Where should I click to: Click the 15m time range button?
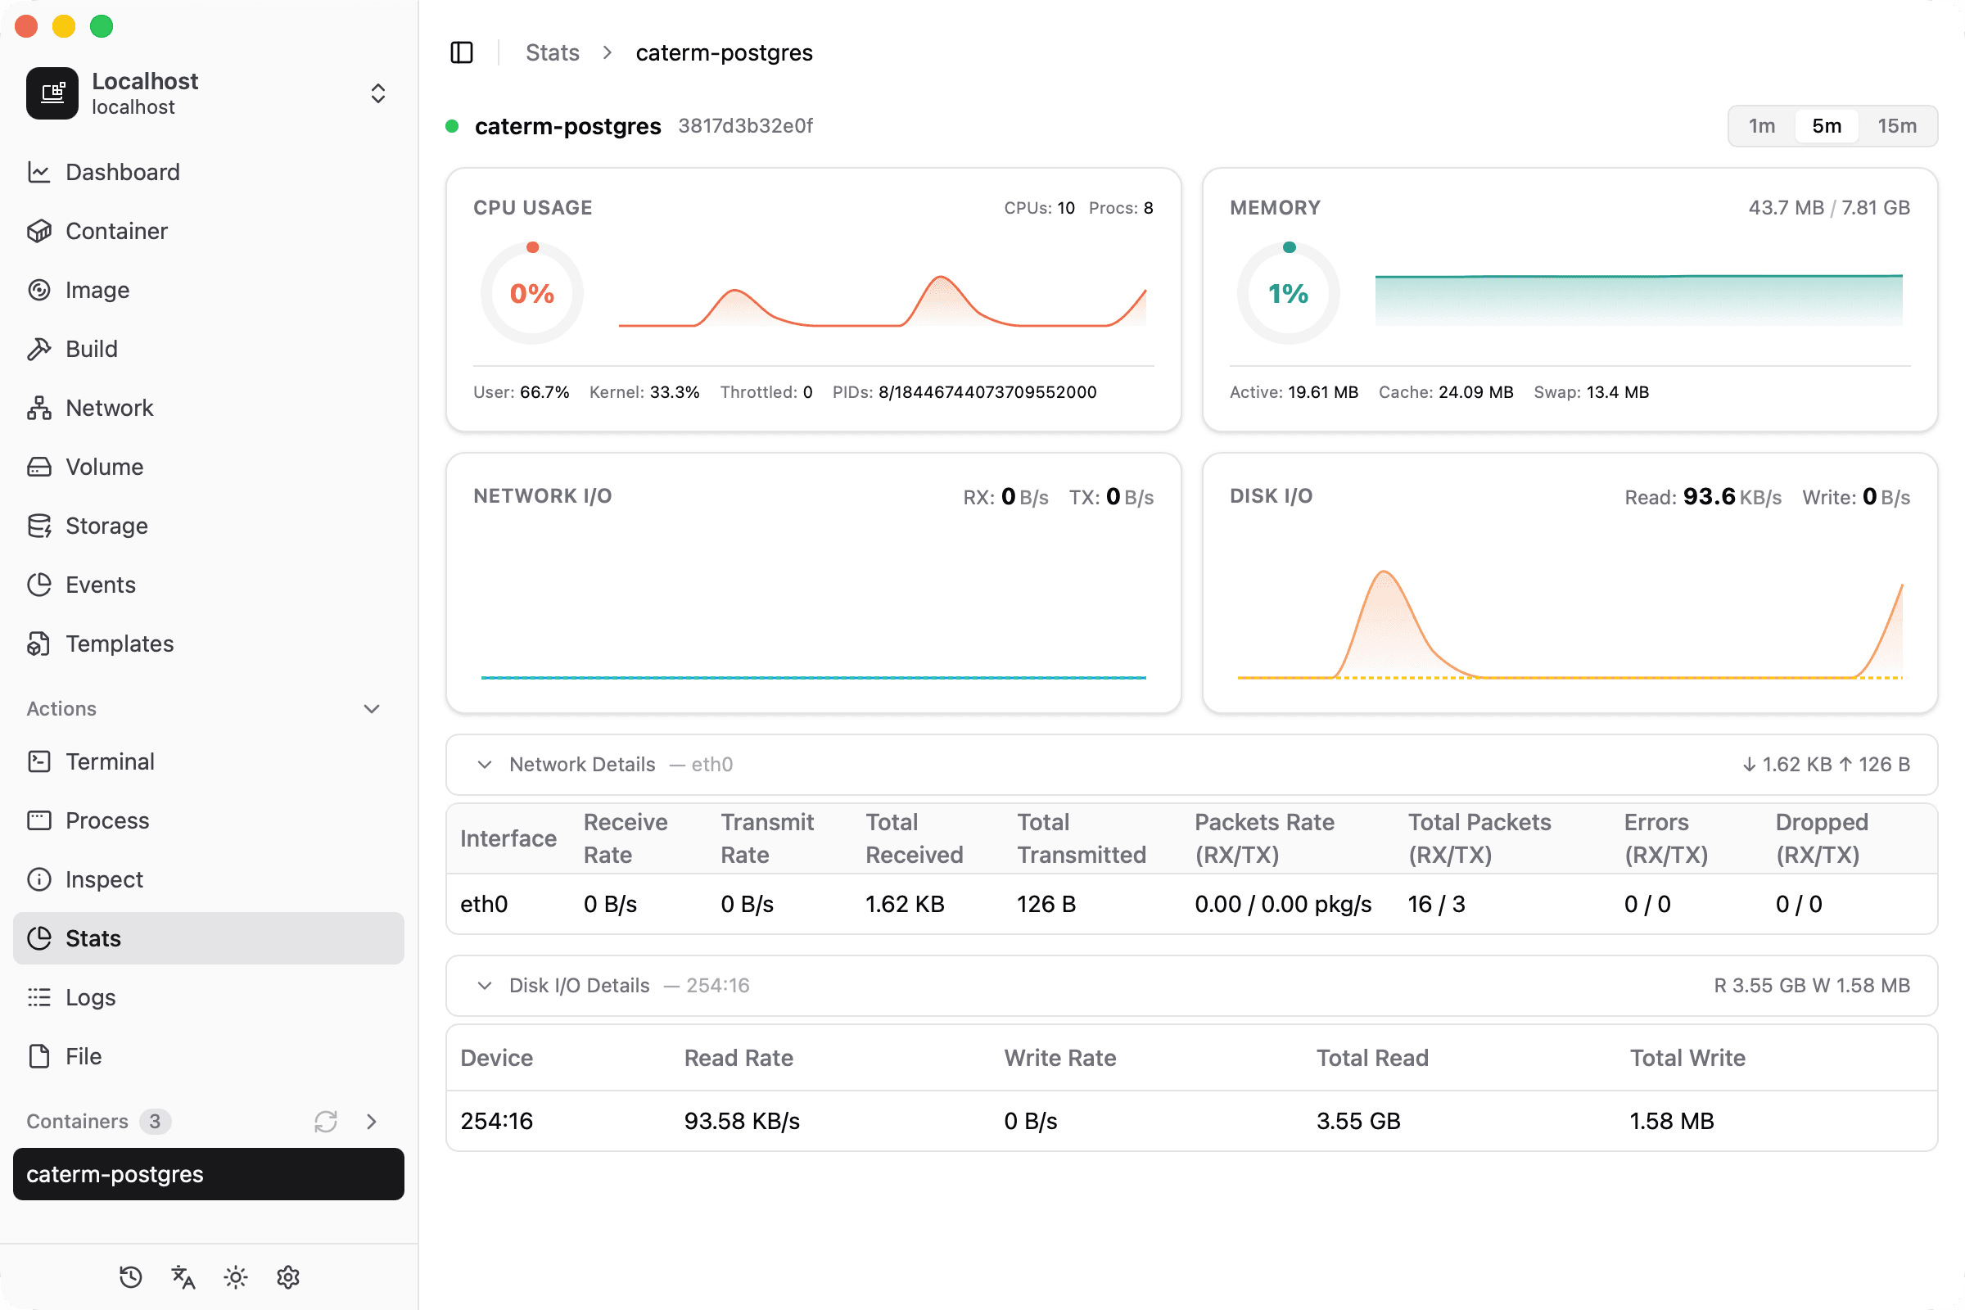tap(1896, 126)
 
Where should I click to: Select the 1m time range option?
tap(1762, 126)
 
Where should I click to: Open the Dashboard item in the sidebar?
tap(122, 172)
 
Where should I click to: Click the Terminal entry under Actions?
tap(110, 761)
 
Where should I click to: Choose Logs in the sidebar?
tap(90, 996)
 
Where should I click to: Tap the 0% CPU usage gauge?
tap(532, 293)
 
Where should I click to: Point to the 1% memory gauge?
tap(1288, 293)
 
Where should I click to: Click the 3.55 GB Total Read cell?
tap(1358, 1120)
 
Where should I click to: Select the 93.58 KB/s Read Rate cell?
tap(742, 1120)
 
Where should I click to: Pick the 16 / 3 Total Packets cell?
tap(1436, 904)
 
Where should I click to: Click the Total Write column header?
tap(1687, 1058)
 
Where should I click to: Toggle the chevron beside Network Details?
tap(485, 765)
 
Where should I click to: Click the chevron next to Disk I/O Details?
tap(485, 985)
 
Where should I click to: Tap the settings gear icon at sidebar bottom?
tap(288, 1276)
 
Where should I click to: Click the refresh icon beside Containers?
tap(326, 1121)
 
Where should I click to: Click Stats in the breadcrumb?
tap(552, 52)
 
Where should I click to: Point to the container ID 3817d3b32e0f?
tap(745, 126)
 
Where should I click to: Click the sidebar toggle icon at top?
tap(462, 52)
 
